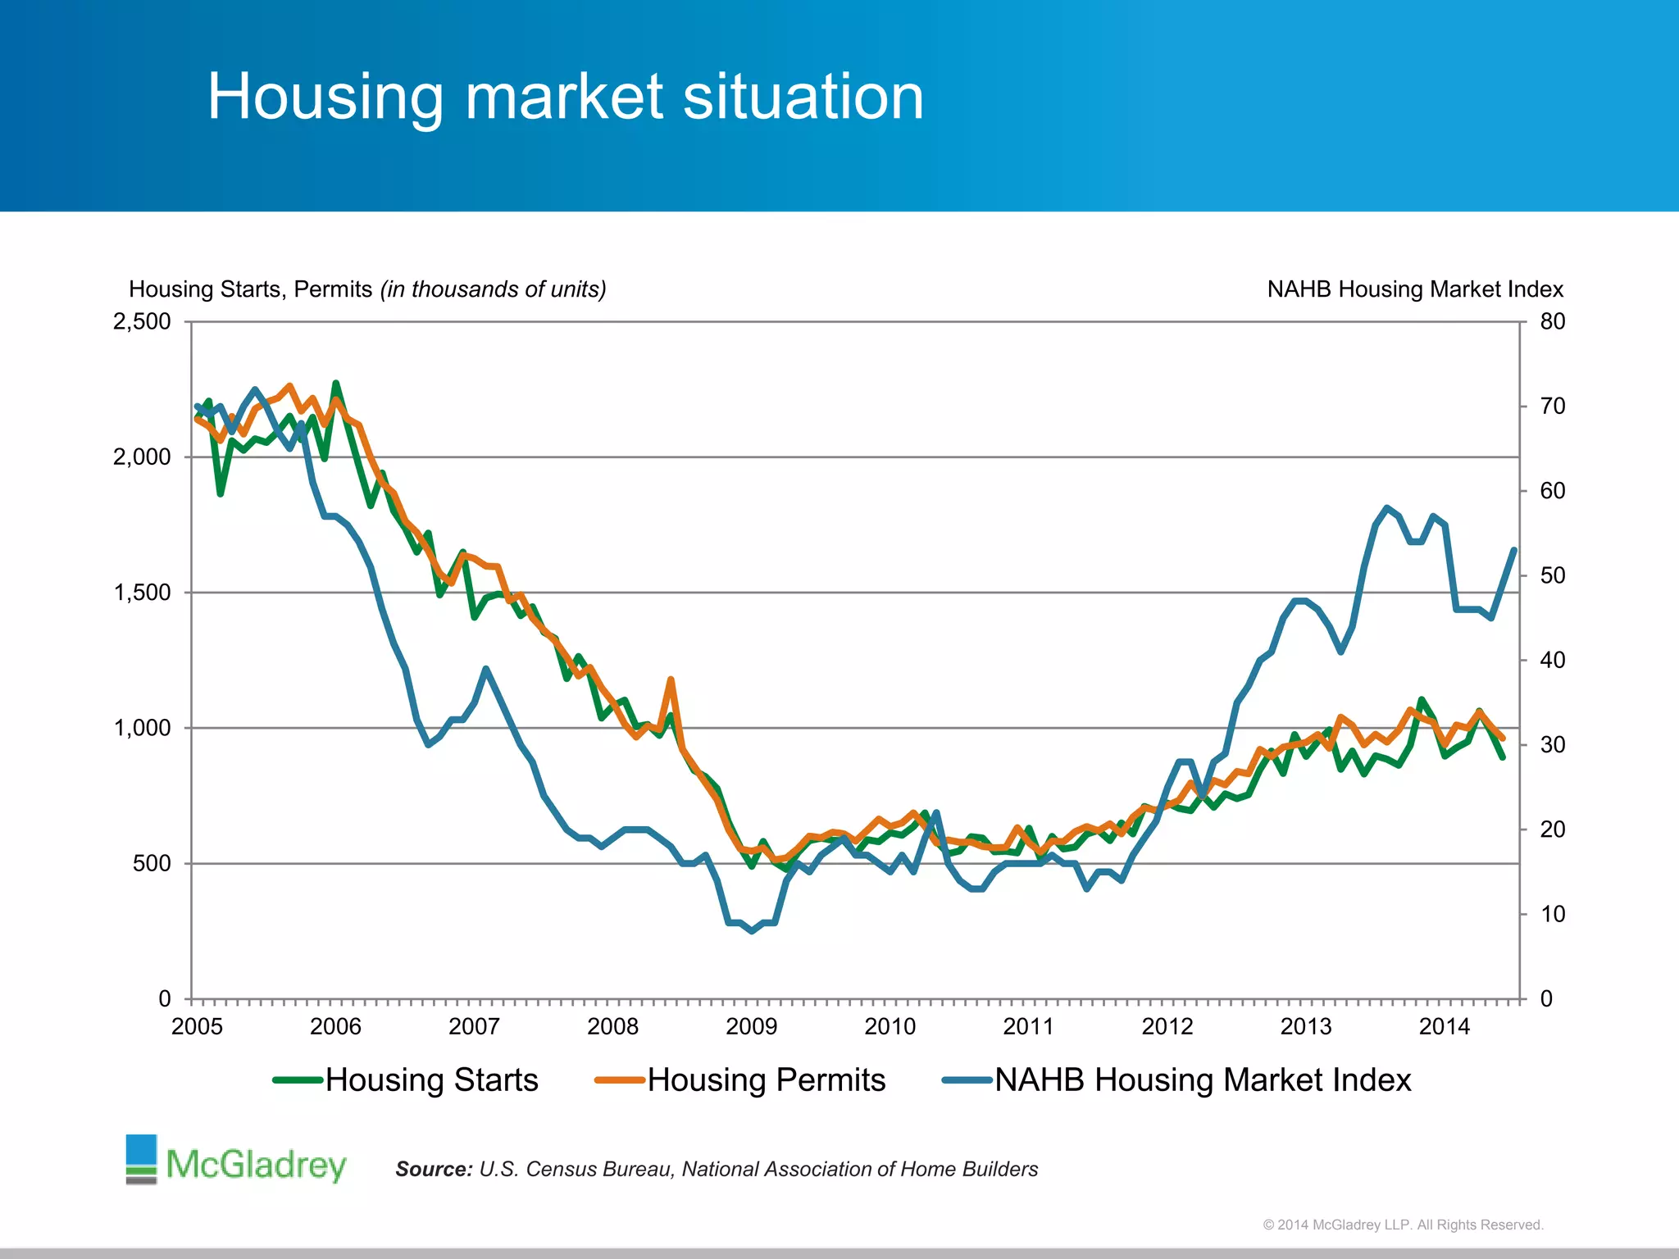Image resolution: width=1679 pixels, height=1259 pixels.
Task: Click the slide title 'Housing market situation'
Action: click(x=565, y=97)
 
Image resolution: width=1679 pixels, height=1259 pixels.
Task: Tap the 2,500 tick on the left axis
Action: click(x=142, y=321)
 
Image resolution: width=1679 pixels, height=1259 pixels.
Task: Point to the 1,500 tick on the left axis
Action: click(x=142, y=593)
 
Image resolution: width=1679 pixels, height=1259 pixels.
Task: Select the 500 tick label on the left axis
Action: click(x=152, y=863)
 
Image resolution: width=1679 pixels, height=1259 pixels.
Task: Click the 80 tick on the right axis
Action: click(x=1552, y=321)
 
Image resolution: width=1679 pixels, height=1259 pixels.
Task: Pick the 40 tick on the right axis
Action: click(x=1552, y=660)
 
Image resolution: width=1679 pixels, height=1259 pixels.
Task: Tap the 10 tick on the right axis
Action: click(x=1552, y=914)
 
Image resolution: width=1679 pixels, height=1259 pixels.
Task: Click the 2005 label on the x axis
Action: click(x=197, y=1026)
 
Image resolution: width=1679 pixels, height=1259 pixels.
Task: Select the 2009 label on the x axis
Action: click(x=751, y=1026)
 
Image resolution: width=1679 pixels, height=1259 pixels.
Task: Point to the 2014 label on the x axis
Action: click(x=1445, y=1026)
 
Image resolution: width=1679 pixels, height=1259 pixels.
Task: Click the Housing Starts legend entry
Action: click(x=407, y=1080)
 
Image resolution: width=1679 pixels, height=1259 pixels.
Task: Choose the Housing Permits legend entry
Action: click(x=741, y=1080)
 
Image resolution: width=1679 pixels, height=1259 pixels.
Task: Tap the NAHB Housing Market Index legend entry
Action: click(x=1177, y=1080)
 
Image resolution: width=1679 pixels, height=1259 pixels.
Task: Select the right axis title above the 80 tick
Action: click(x=1415, y=289)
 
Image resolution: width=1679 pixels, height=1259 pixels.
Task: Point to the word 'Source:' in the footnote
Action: click(x=434, y=1169)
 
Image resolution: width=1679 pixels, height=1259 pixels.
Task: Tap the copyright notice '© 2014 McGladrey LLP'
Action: click(x=1403, y=1225)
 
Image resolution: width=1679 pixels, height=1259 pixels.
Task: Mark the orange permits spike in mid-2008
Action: click(x=671, y=680)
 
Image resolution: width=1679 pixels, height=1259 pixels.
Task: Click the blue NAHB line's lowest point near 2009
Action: click(x=752, y=931)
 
